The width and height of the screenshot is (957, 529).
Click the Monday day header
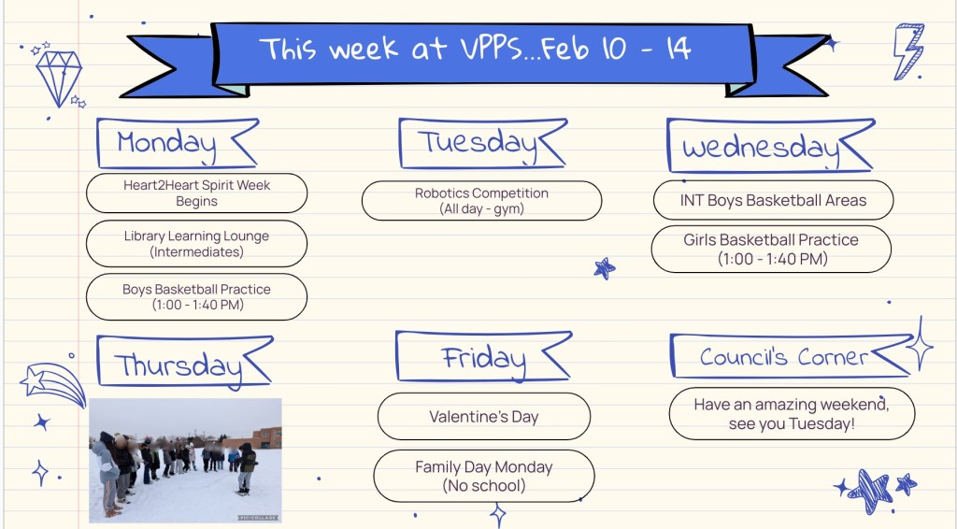[x=177, y=143]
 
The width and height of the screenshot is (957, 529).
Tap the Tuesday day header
[x=482, y=143]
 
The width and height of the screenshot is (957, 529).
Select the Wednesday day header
[x=770, y=146]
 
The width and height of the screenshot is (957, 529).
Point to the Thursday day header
[x=183, y=362]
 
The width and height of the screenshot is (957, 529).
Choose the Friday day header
[x=483, y=357]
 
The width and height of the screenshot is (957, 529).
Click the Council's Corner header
[x=791, y=356]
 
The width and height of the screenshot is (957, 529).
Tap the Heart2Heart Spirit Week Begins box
[x=196, y=193]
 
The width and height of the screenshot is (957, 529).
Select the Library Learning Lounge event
[x=196, y=243]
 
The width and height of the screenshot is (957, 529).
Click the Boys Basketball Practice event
[x=196, y=296]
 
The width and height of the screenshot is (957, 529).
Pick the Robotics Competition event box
[x=481, y=201]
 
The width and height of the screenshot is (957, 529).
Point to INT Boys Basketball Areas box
[x=773, y=200]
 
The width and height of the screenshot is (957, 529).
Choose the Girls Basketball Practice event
[x=771, y=249]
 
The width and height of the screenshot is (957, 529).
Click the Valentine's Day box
[x=484, y=417]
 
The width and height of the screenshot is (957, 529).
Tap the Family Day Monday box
[x=484, y=476]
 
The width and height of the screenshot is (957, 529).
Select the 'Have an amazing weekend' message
[x=792, y=414]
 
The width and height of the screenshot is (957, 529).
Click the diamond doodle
[x=59, y=78]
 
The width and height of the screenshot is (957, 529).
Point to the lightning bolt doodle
[x=908, y=51]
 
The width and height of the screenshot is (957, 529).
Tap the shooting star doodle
[x=52, y=384]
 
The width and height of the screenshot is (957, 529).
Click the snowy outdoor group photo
[x=186, y=461]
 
